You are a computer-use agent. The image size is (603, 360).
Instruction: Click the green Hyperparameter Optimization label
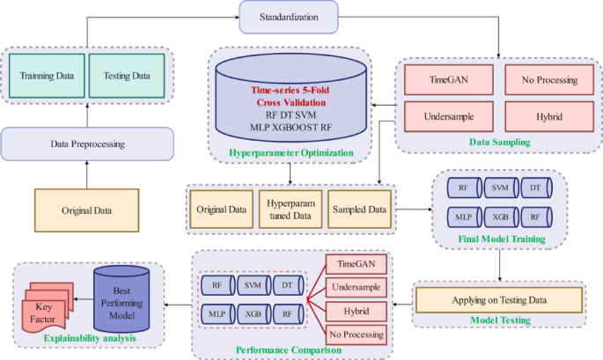point(290,152)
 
